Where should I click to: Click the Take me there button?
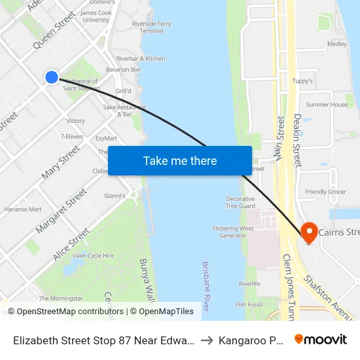click(180, 160)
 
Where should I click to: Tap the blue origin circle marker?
click(52, 77)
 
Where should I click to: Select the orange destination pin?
click(308, 232)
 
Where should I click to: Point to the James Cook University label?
click(96, 16)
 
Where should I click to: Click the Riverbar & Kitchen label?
click(140, 59)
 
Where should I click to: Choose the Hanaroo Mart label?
click(23, 209)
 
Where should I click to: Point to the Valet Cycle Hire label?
click(93, 255)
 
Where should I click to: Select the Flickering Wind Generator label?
click(233, 232)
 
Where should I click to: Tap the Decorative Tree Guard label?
click(240, 202)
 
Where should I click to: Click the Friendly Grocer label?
click(325, 192)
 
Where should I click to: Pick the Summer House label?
click(327, 105)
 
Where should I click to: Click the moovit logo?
click(321, 340)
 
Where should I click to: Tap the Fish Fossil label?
click(249, 304)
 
